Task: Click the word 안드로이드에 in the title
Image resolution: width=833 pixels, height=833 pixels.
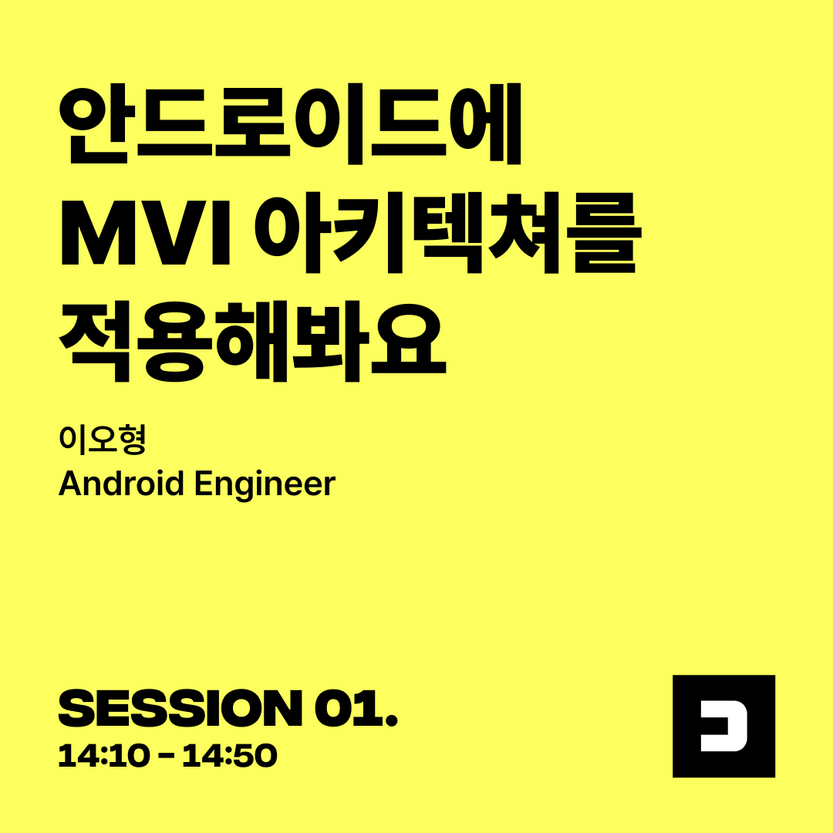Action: tap(290, 123)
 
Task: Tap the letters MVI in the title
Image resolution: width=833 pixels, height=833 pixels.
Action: tap(145, 232)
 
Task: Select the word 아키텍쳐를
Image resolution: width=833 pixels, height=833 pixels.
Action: tap(448, 232)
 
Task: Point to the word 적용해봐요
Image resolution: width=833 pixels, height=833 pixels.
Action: tap(252, 341)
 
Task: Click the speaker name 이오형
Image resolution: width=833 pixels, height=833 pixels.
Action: tap(102, 440)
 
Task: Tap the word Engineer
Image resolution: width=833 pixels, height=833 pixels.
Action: tap(265, 484)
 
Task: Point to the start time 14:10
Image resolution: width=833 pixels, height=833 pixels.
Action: tap(103, 755)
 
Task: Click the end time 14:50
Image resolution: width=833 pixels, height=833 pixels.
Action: tap(230, 755)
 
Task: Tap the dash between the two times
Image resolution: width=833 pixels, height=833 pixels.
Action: tap(167, 756)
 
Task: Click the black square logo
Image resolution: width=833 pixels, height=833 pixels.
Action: tap(723, 726)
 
